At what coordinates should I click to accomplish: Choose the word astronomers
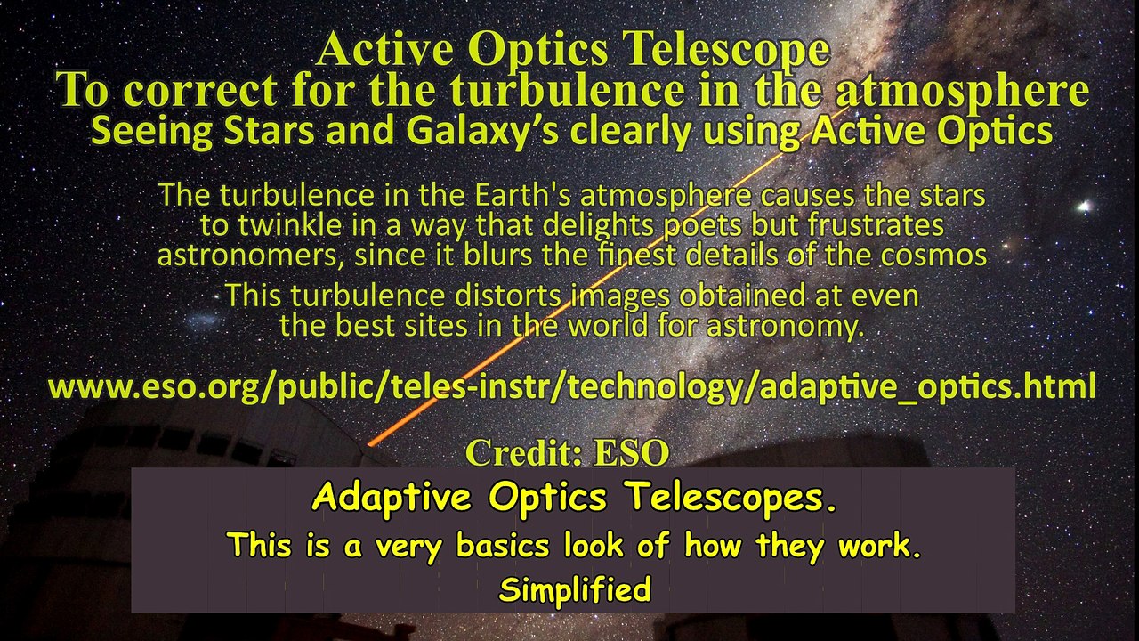(249, 256)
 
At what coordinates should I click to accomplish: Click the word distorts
(510, 295)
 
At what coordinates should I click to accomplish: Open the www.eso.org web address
(571, 387)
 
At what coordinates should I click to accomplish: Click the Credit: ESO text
(567, 453)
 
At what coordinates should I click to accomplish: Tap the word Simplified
(574, 589)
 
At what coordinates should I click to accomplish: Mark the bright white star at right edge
(1084, 207)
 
